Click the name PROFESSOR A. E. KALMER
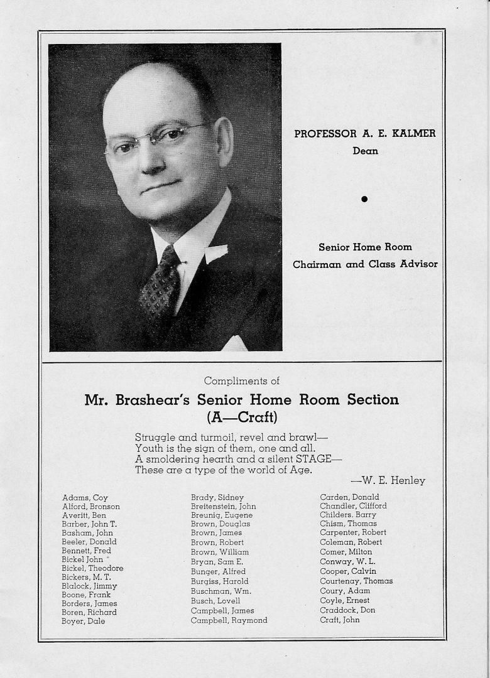click(x=364, y=133)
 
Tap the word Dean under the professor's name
click(x=365, y=151)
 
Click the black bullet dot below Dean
click(x=364, y=199)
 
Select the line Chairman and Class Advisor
click(x=365, y=264)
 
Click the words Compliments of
click(x=242, y=380)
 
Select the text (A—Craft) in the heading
click(x=242, y=416)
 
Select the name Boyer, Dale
click(x=83, y=621)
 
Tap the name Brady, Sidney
click(x=217, y=498)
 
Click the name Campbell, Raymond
click(x=229, y=620)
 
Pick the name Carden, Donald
click(x=349, y=497)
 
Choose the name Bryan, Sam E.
click(x=217, y=562)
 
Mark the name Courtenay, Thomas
click(x=356, y=581)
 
